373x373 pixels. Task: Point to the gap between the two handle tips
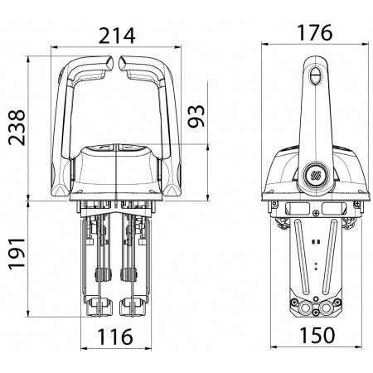pyautogui.click(x=119, y=62)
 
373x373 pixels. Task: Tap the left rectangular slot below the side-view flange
pyautogui.click(x=293, y=209)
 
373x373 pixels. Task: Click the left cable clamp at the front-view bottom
pyautogui.click(x=99, y=308)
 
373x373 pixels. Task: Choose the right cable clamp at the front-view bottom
pyautogui.click(x=131, y=308)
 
